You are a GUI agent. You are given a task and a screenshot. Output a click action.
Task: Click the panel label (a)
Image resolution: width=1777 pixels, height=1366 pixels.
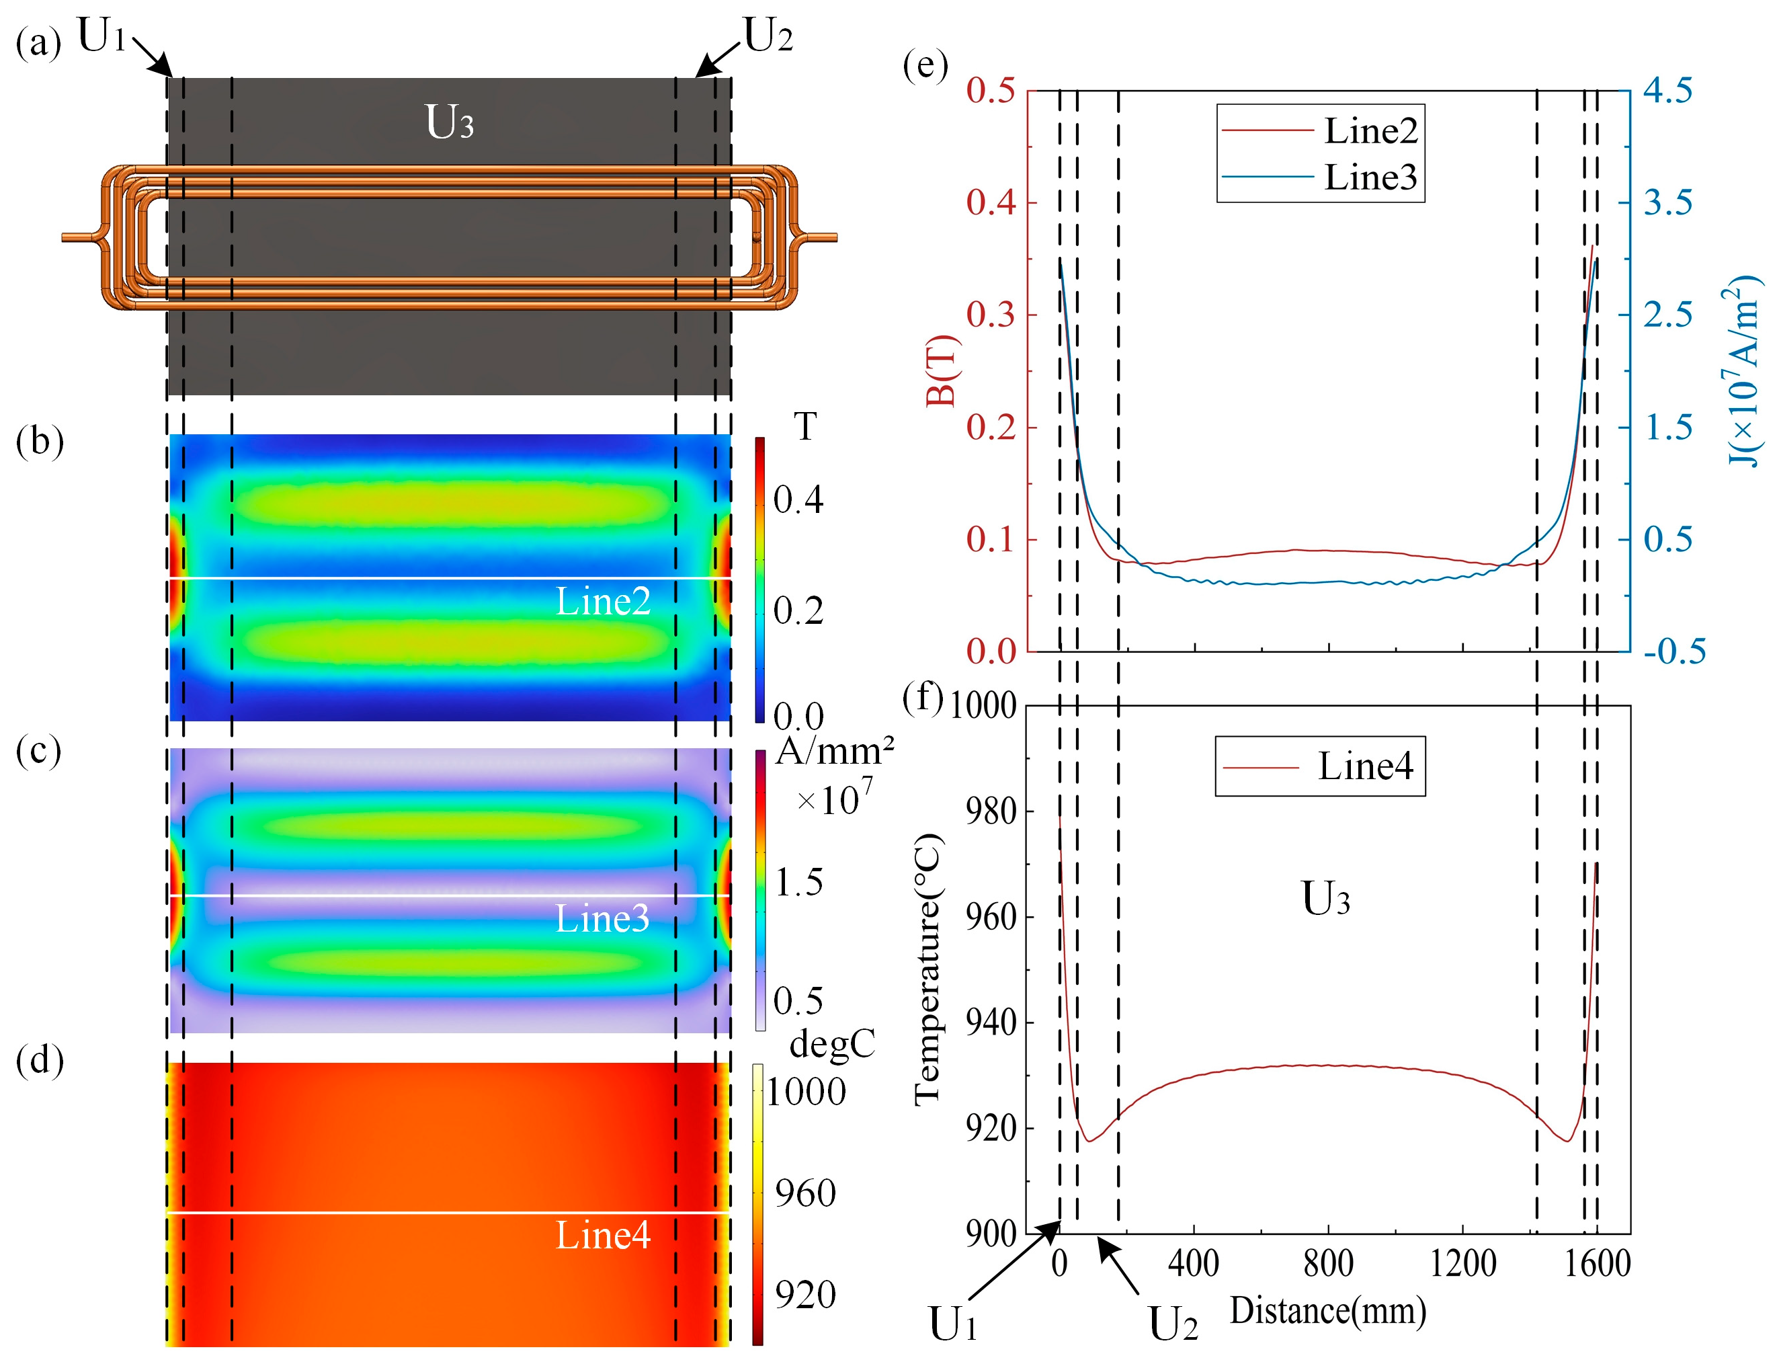38,43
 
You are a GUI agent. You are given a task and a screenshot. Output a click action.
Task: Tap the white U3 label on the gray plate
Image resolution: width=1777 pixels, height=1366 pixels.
449,124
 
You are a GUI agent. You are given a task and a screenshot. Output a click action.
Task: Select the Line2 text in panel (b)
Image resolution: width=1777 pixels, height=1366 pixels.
603,602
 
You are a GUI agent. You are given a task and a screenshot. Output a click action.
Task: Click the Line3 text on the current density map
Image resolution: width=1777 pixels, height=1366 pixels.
602,919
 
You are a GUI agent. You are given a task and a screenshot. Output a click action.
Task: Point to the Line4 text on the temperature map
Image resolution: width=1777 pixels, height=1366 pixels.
603,1235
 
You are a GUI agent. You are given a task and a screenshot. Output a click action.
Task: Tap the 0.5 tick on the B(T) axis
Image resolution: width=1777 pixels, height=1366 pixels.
990,90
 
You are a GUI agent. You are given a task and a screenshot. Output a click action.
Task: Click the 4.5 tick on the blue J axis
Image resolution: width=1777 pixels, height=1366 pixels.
1667,90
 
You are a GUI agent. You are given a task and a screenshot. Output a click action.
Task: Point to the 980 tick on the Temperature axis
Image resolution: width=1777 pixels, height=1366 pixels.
990,811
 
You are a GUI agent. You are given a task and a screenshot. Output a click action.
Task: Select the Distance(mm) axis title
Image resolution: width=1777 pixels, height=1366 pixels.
1327,1311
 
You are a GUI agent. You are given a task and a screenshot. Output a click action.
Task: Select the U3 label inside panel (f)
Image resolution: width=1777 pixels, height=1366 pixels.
1325,899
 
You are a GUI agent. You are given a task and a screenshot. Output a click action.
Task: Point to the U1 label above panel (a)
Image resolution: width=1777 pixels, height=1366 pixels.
102,36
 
